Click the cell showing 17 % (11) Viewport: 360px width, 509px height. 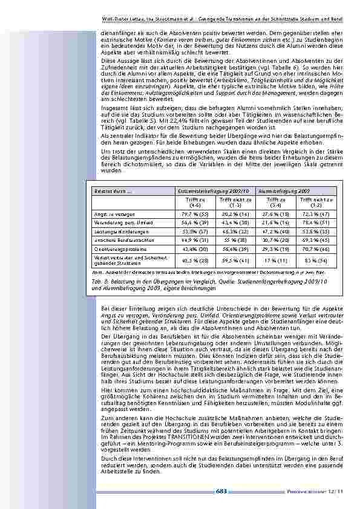[275, 261]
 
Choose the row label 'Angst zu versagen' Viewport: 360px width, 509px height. [109, 214]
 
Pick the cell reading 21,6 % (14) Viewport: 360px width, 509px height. [275, 222]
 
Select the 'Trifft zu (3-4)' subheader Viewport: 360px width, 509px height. [275, 202]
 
